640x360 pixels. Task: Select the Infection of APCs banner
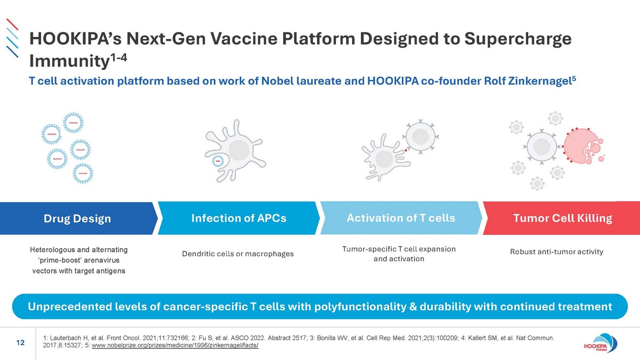[x=238, y=218]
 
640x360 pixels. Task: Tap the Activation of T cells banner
[x=401, y=218]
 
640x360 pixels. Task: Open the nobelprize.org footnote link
[x=175, y=345]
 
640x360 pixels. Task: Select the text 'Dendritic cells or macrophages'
[x=238, y=254]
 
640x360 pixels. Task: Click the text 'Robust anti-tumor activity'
[x=556, y=252]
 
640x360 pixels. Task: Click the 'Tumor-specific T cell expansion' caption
[x=399, y=249]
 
